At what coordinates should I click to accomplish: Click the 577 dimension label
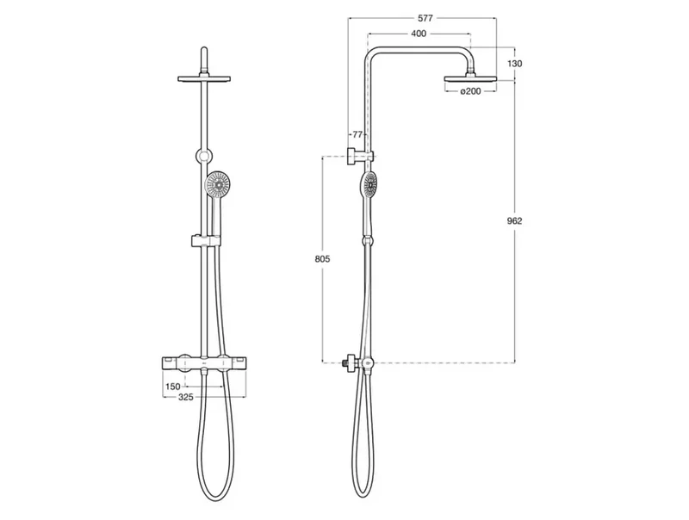point(425,18)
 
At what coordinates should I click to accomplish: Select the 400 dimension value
point(419,34)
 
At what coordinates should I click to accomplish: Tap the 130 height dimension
point(514,64)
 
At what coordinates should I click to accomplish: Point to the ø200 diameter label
point(470,91)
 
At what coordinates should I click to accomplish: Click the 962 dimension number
point(514,220)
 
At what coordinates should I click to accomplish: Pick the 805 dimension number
point(322,259)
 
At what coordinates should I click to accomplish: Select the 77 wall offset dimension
point(357,134)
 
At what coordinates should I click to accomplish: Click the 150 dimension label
point(173,387)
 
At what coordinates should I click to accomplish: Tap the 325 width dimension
point(186,398)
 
